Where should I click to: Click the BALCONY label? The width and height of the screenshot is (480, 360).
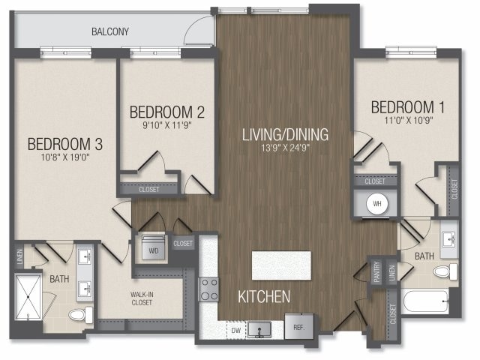(110, 31)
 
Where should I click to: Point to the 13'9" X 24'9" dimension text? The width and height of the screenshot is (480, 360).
(285, 148)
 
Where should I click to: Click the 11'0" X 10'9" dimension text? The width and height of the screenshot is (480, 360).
(403, 119)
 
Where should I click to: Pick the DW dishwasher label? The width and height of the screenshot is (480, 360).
(236, 329)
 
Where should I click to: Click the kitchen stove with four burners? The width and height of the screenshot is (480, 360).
(208, 289)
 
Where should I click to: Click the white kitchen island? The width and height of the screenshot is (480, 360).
(281, 265)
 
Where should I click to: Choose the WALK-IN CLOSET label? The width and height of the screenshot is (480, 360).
(141, 298)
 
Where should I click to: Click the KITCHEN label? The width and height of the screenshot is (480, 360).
(263, 297)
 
